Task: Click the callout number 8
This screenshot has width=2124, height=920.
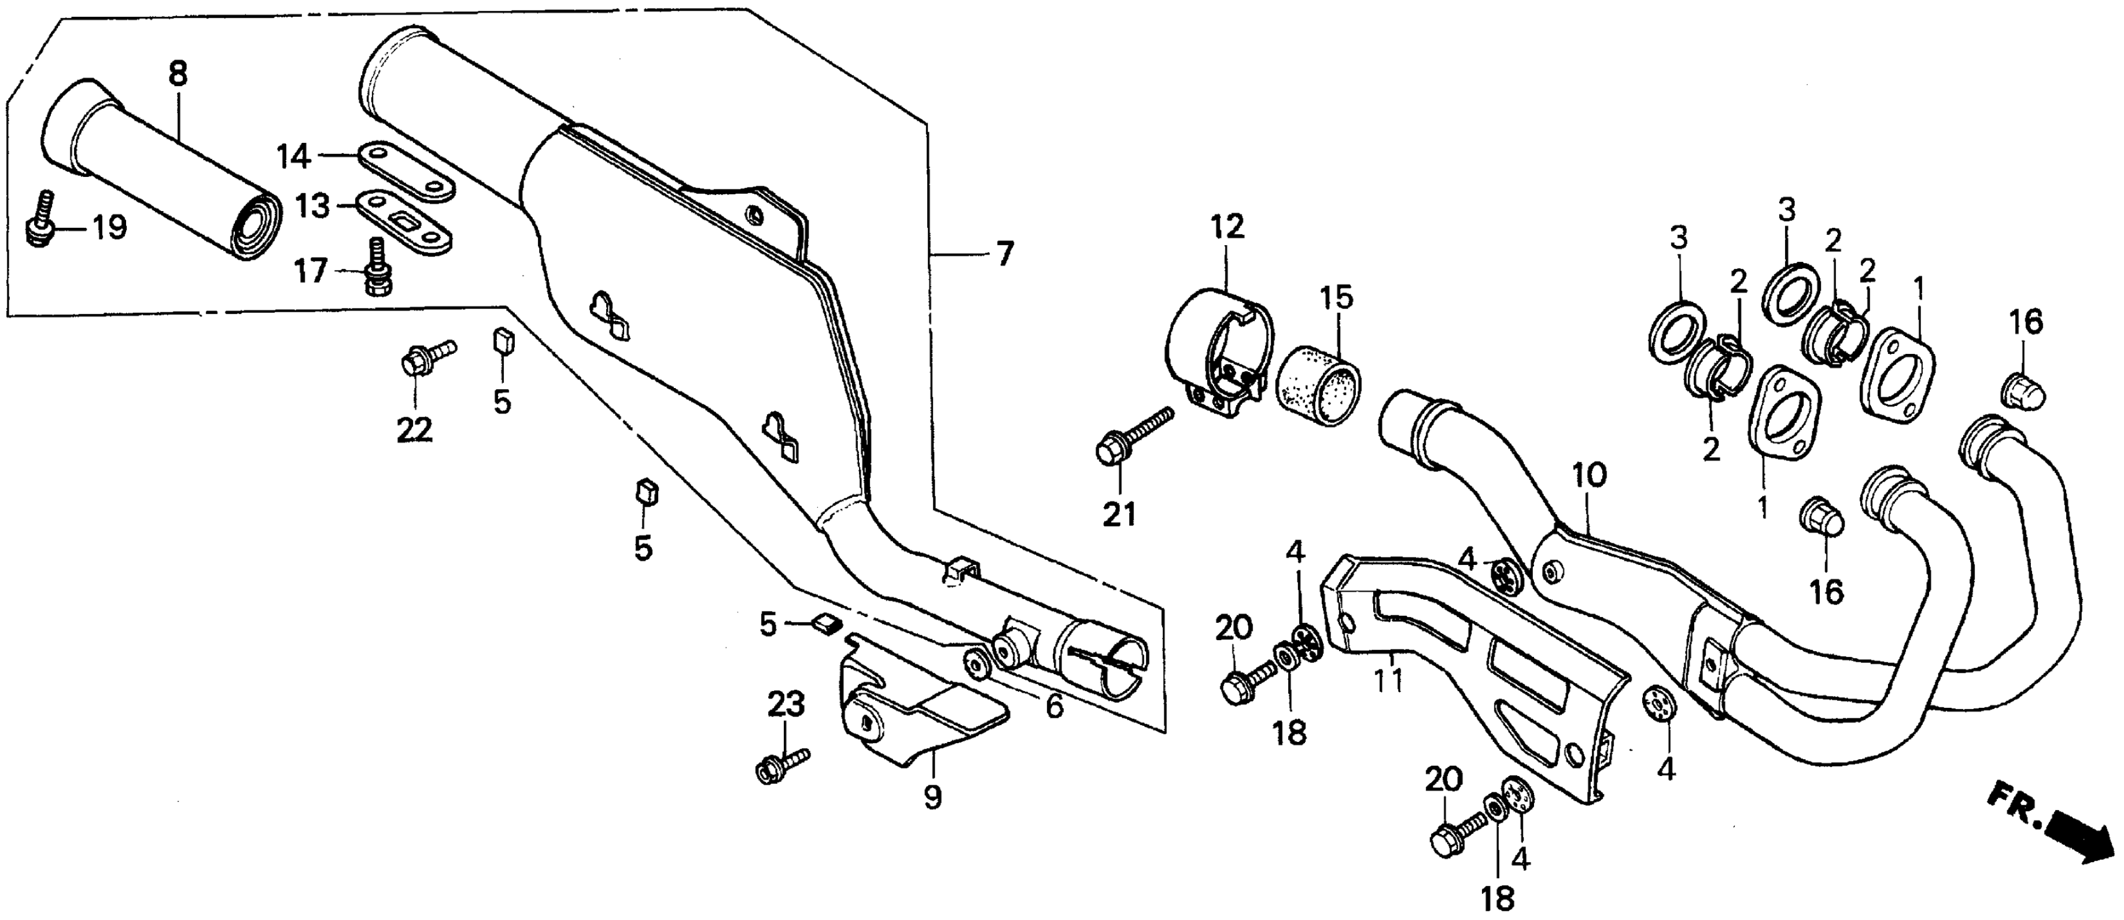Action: [x=178, y=74]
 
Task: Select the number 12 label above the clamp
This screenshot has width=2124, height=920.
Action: [x=1227, y=226]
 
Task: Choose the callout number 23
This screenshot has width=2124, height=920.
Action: [x=786, y=704]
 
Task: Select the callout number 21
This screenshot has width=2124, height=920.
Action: [x=1119, y=515]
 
